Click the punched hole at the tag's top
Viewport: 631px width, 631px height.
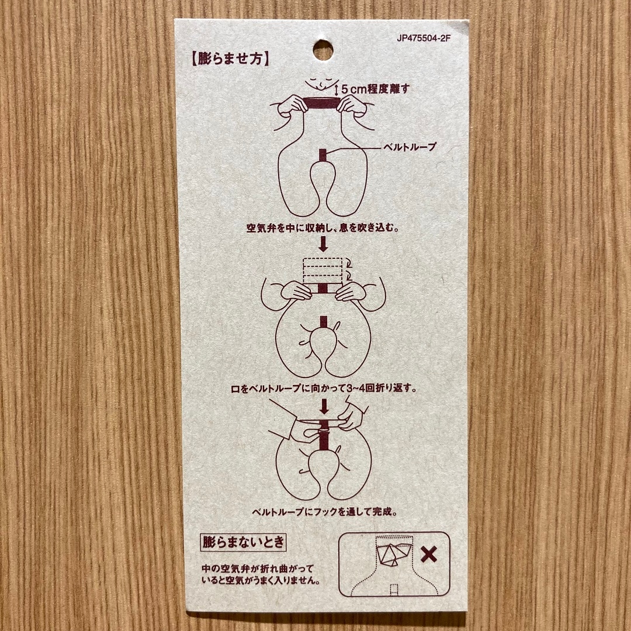(323, 50)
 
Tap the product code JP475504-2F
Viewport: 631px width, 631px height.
(424, 39)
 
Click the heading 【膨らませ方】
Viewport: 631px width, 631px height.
(230, 59)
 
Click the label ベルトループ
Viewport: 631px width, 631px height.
(409, 147)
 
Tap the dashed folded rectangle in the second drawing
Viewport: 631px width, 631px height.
(323, 271)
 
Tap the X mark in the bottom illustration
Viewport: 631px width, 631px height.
(429, 554)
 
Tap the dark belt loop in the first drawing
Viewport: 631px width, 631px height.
(323, 157)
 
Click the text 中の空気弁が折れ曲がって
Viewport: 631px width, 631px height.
(258, 568)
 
